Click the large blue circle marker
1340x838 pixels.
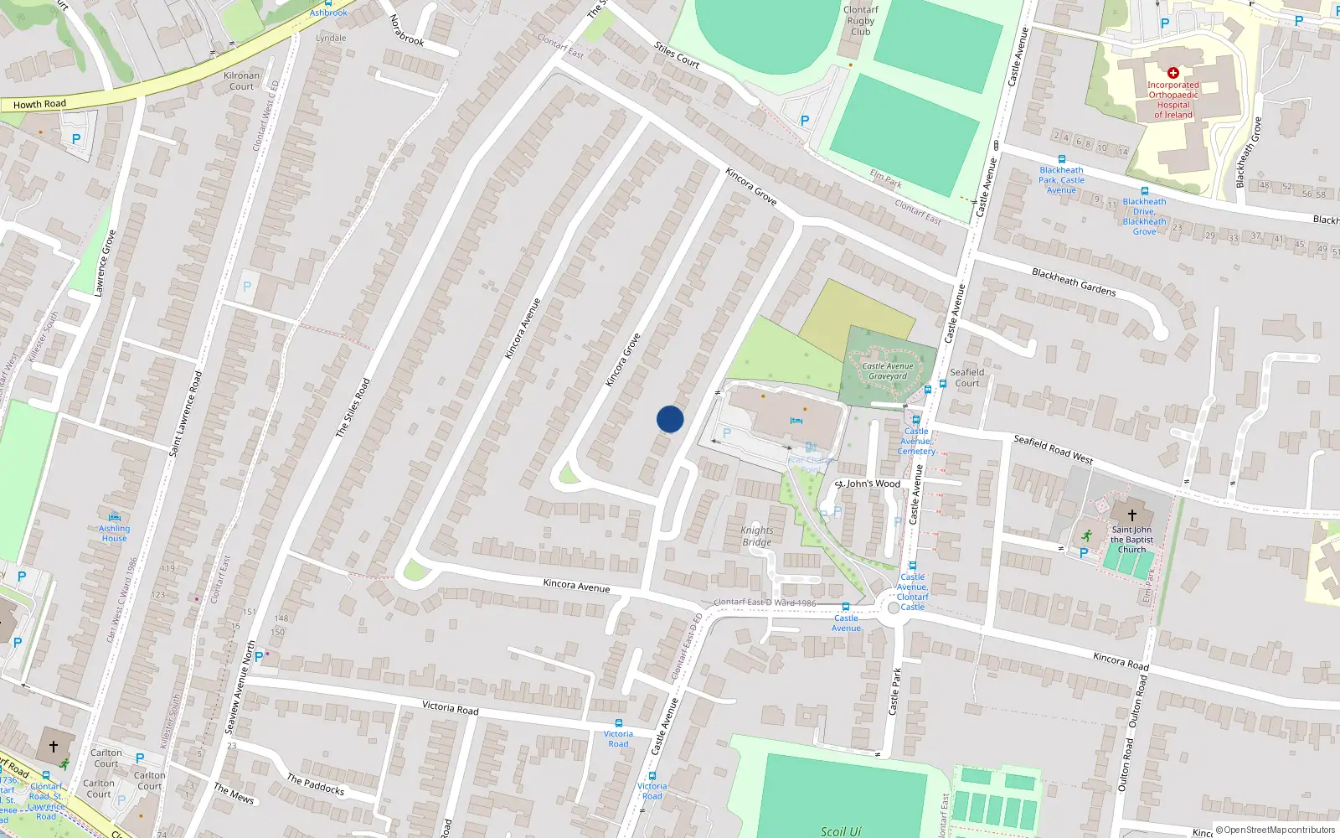[670, 419]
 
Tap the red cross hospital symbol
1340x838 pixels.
[1173, 73]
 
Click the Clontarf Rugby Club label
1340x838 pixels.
[861, 21]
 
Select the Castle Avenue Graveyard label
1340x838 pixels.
[888, 371]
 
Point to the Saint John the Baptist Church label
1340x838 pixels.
[1131, 540]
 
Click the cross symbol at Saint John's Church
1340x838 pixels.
[1132, 515]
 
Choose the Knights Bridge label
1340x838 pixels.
[757, 536]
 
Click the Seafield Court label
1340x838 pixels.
[967, 378]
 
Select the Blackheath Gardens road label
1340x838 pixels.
[1074, 282]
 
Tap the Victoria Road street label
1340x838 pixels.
[451, 708]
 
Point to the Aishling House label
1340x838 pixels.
[114, 533]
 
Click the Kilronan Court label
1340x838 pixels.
[241, 81]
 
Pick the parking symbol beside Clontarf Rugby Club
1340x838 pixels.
[805, 121]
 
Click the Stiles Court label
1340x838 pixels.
[677, 55]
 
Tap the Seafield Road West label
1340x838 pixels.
[1053, 449]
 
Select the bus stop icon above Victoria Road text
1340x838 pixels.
[619, 723]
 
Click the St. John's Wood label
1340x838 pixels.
[868, 484]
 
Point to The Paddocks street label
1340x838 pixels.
[315, 784]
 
